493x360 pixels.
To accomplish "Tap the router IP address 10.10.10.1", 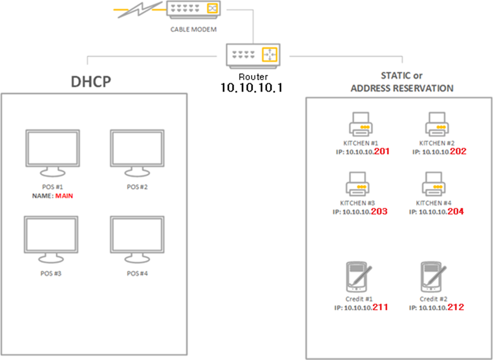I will tap(252, 88).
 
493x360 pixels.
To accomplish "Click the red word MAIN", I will tap(64, 195).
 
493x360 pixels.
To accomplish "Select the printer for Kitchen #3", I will tap(358, 184).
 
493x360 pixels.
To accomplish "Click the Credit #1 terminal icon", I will tap(357, 276).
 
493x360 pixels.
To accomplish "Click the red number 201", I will tap(382, 151).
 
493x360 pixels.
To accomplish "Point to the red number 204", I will tap(455, 212).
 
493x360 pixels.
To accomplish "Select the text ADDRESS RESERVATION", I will tap(402, 88).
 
